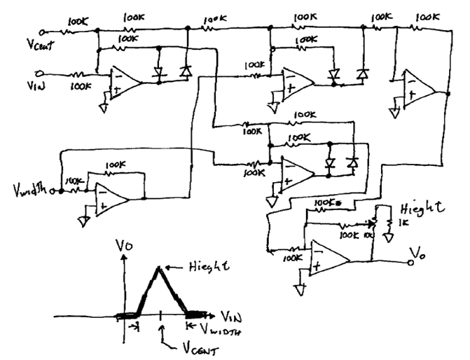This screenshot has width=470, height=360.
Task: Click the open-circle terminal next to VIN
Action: pos(41,73)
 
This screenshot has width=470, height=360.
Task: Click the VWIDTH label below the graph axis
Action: pos(219,327)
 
